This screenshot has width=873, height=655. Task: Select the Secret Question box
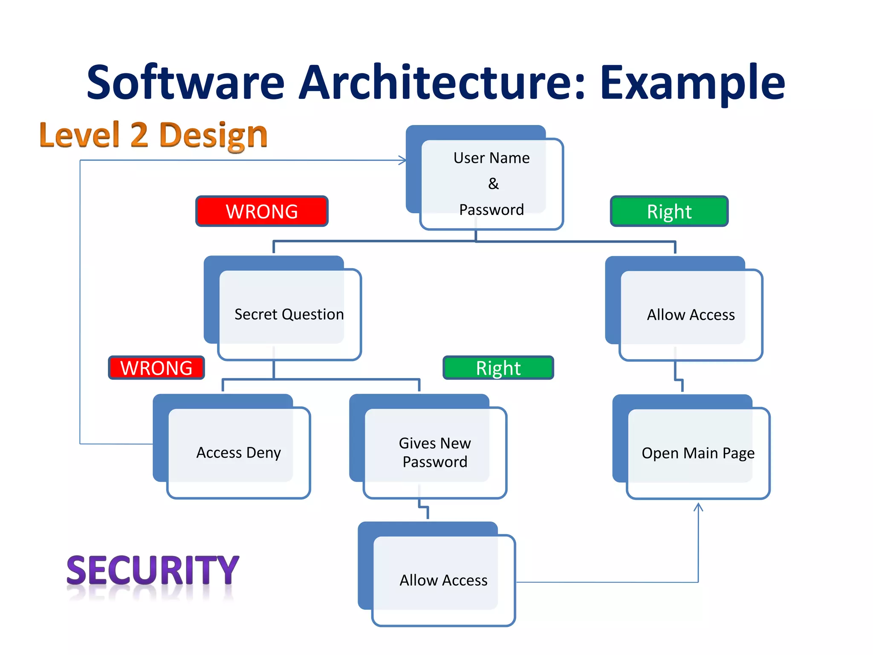(289, 314)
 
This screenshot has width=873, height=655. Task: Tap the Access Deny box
(238, 452)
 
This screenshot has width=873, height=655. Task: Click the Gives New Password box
(434, 452)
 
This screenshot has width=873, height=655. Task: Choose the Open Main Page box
(698, 453)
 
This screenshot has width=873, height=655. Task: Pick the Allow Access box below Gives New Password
(443, 580)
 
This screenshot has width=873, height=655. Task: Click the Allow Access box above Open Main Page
(691, 315)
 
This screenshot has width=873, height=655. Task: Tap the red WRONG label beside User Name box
(262, 212)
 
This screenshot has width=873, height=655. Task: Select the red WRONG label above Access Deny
(156, 368)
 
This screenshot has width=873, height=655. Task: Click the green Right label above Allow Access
(669, 212)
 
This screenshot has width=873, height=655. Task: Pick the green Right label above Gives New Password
(498, 368)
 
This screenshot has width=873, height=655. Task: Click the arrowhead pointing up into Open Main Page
(698, 507)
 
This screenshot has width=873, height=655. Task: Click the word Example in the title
(692, 83)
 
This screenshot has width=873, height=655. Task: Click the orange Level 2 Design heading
(153, 135)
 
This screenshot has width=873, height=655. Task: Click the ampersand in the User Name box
(493, 184)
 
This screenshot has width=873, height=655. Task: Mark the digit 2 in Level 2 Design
(139, 135)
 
